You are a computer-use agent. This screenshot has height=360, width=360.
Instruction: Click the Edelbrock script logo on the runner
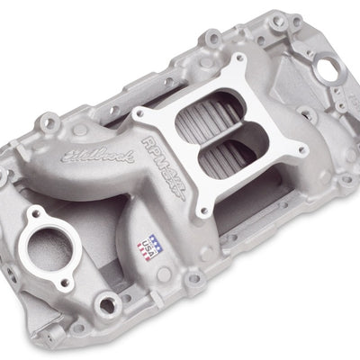88,161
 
